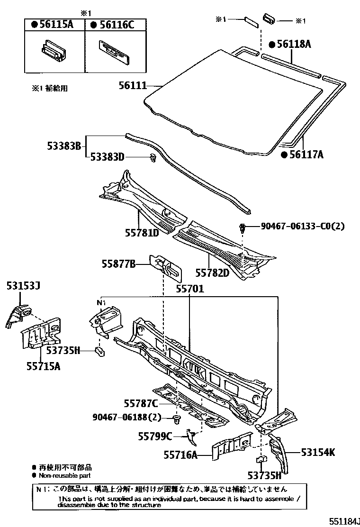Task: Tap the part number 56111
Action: coord(132,86)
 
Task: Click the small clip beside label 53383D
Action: coord(153,158)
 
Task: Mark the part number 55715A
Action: coord(43,366)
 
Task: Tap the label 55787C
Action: coord(141,403)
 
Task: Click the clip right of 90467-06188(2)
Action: coord(177,419)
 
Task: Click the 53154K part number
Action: coord(318,452)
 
